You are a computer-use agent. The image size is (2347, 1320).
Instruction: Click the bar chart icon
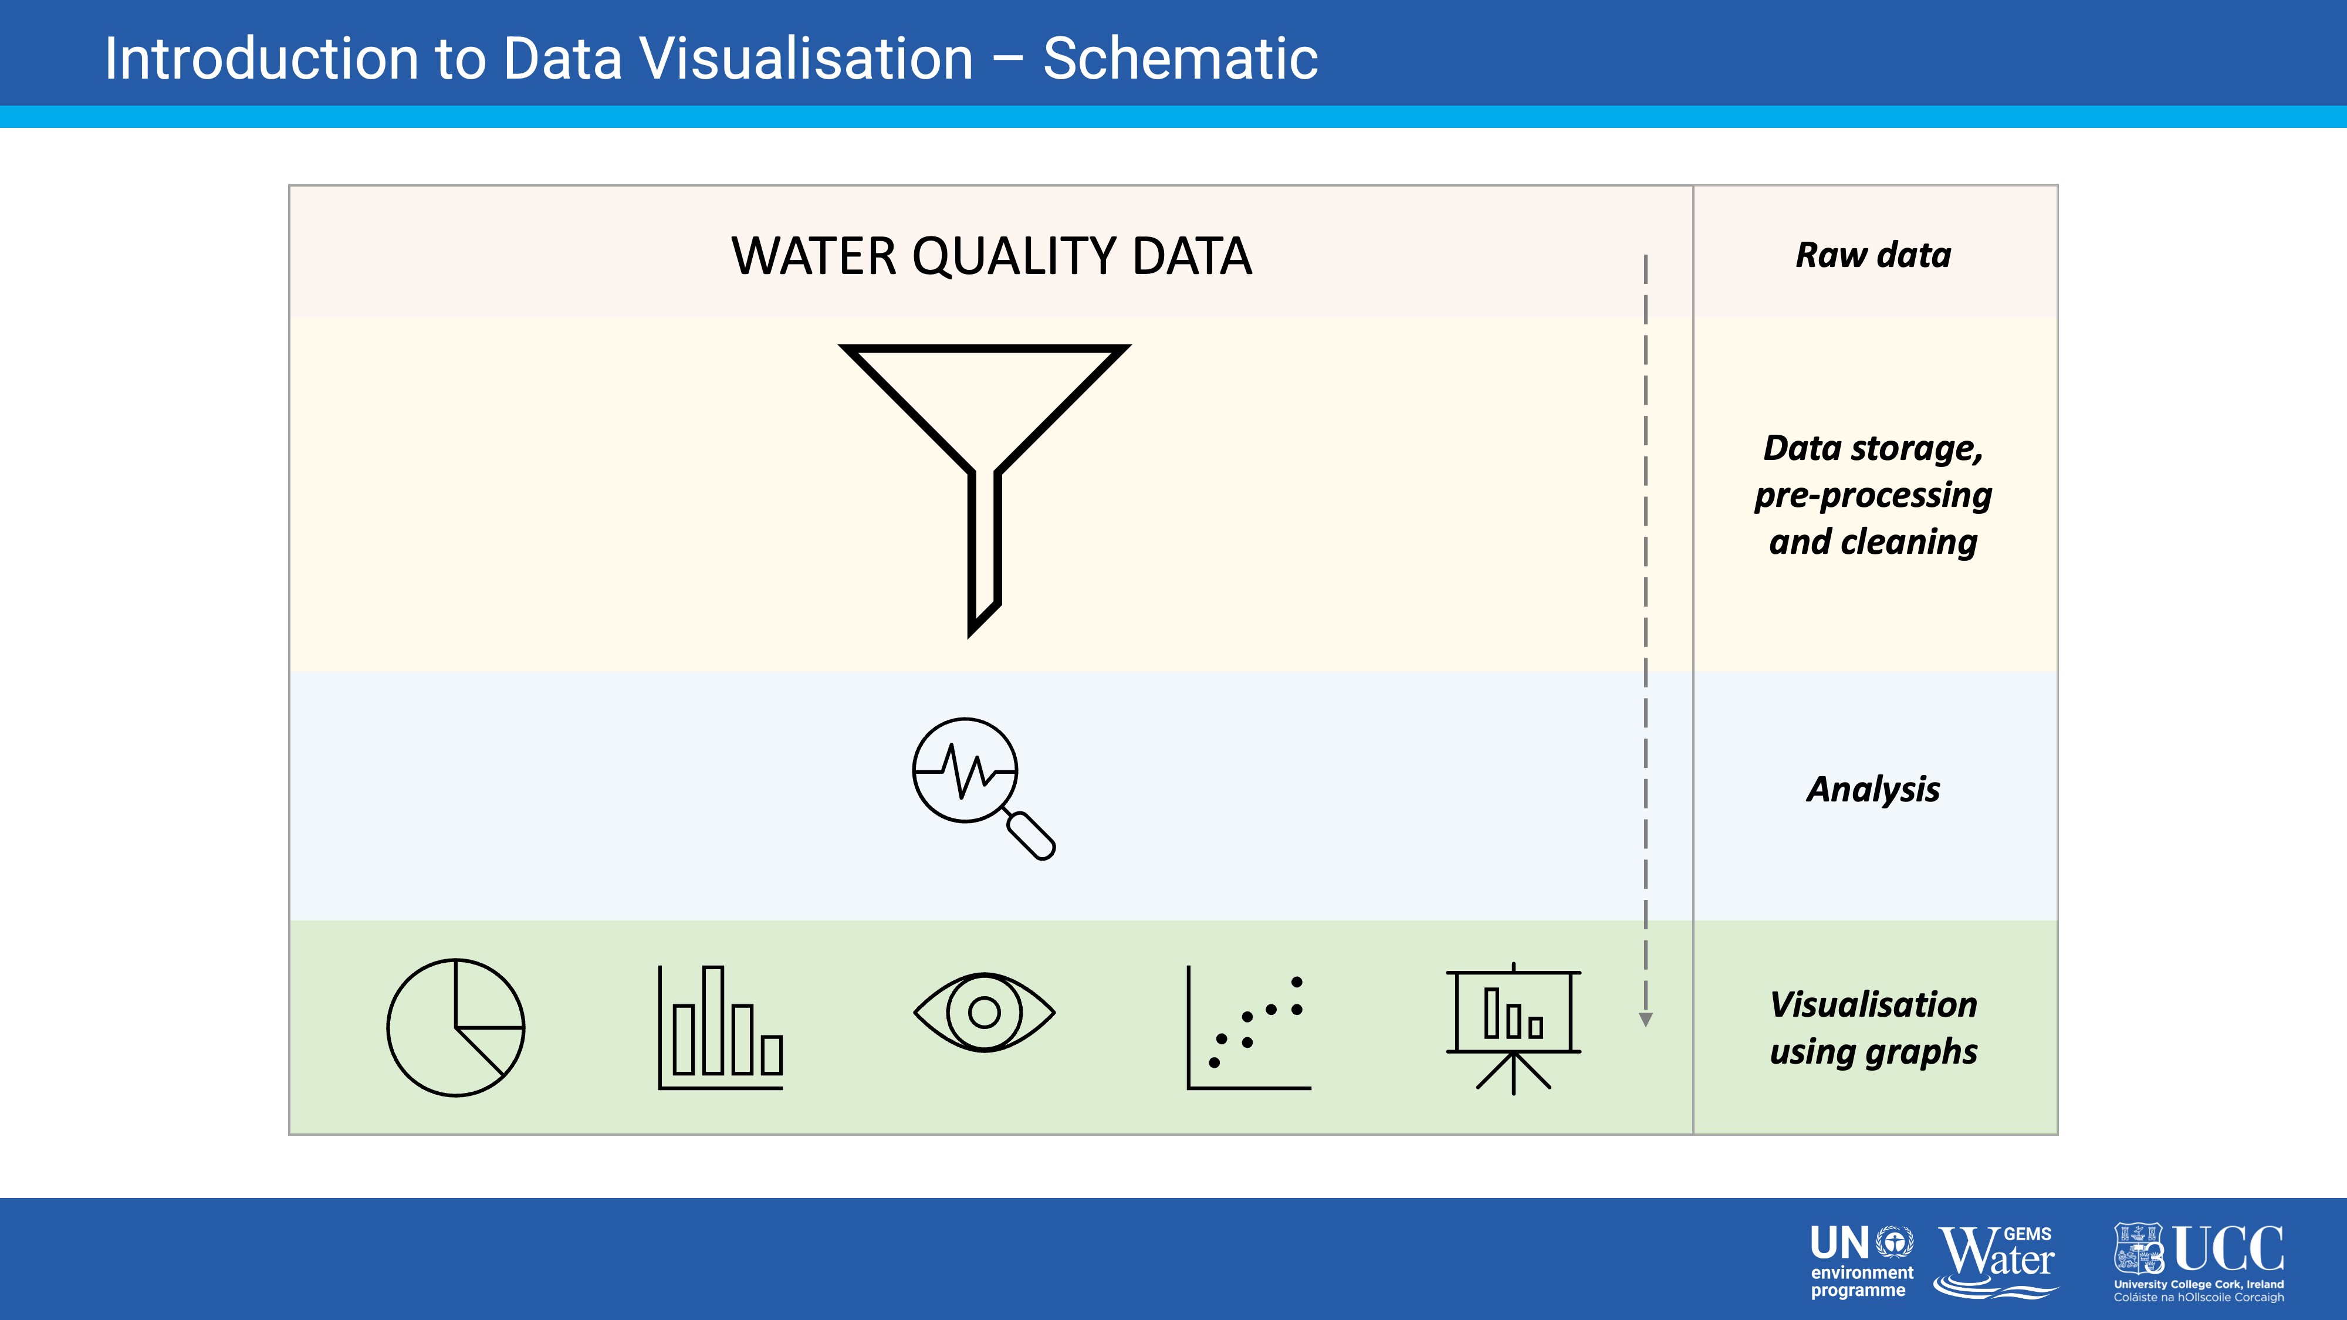click(721, 1028)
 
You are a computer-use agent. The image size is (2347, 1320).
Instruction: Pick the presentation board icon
click(1513, 1028)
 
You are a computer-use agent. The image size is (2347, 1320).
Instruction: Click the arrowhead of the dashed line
click(1645, 1020)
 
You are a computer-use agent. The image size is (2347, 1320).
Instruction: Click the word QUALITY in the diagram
click(1014, 257)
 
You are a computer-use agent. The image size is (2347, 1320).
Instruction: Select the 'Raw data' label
click(1873, 255)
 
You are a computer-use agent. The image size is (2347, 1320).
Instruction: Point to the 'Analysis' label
click(1873, 790)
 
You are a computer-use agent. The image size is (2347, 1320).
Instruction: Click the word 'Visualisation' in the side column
click(1873, 1004)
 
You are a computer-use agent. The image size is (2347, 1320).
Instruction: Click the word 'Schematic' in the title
click(1180, 58)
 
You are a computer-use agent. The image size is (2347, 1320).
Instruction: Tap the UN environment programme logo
click(1861, 1262)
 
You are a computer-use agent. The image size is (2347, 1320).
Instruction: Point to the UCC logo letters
click(2228, 1249)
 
